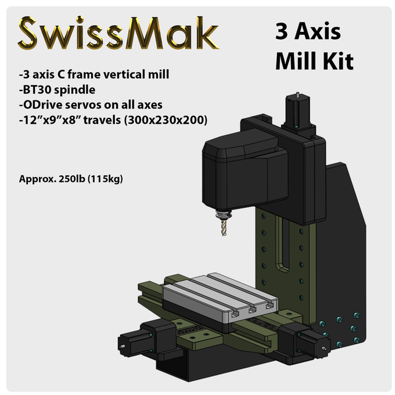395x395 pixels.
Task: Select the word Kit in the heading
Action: click(x=337, y=60)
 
